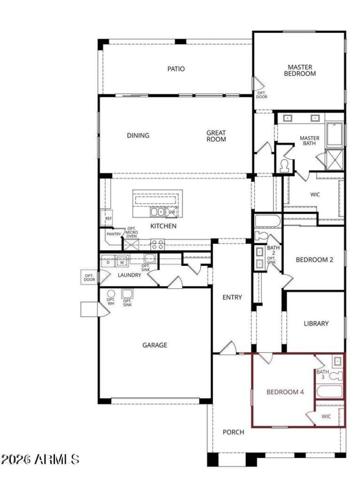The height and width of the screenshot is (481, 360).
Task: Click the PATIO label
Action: (176, 69)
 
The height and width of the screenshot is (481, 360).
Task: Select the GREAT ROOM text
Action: (216, 136)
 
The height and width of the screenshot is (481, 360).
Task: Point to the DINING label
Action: (138, 135)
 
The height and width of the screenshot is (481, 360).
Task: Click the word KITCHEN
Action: (163, 226)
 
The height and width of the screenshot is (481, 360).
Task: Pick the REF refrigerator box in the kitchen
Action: (108, 218)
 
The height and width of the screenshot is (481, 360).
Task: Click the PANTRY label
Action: (113, 234)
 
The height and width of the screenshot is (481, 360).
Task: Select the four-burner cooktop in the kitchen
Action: (157, 244)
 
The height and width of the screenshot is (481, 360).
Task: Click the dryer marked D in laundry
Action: (108, 262)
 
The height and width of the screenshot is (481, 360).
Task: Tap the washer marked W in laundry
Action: (121, 262)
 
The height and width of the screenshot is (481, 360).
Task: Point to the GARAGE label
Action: (155, 345)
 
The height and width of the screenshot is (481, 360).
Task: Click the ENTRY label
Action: (232, 297)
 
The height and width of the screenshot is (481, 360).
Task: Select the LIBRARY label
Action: (316, 323)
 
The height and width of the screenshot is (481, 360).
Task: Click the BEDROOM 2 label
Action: (314, 260)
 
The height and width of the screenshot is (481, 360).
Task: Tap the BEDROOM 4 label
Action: (285, 392)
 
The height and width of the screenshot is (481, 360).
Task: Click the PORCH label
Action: (234, 432)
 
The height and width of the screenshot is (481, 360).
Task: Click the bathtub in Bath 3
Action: (330, 391)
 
